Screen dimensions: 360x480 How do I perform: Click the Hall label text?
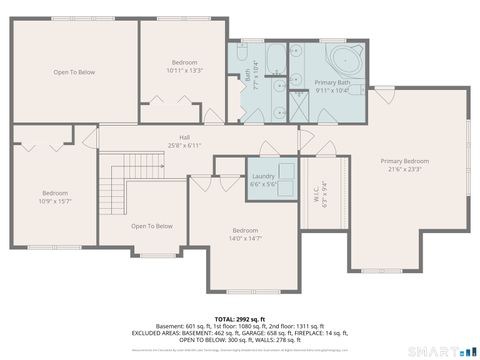(x=185, y=137)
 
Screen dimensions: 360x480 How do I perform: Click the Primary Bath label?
(x=332, y=82)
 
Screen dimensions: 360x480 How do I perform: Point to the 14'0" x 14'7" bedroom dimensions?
(x=246, y=238)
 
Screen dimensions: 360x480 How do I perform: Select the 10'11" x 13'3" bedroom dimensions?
(x=184, y=71)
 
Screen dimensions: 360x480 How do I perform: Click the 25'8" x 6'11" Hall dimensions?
(x=185, y=146)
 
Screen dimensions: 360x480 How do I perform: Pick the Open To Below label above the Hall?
(x=74, y=72)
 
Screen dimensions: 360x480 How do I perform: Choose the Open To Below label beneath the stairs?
(x=151, y=226)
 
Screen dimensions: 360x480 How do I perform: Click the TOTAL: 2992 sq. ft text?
(x=240, y=317)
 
